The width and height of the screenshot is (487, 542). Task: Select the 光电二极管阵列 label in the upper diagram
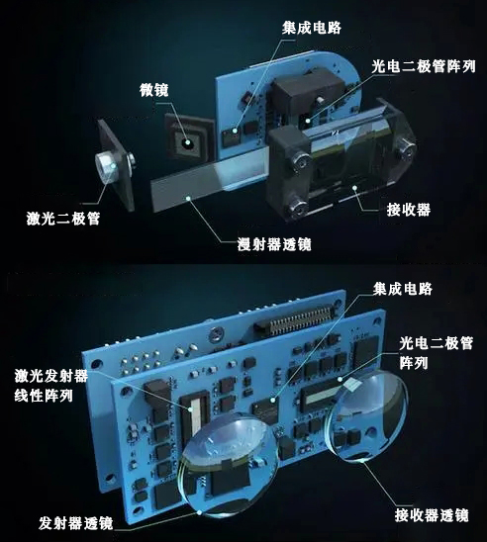[423, 67]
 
